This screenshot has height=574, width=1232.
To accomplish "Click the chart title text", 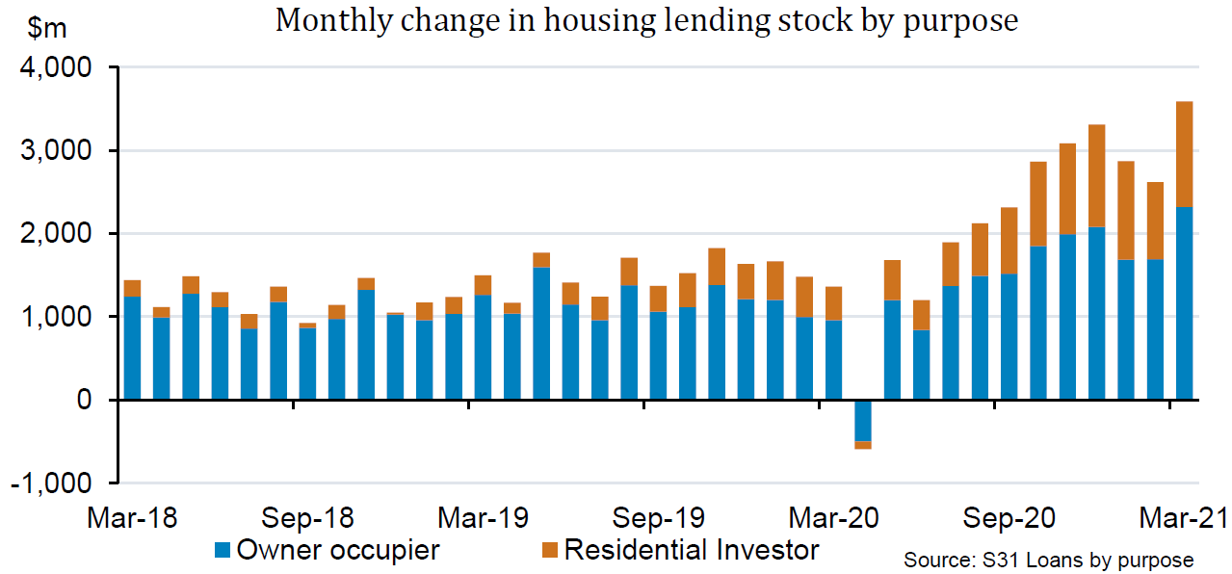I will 646,20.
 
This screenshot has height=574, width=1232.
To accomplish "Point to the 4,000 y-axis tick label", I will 55,69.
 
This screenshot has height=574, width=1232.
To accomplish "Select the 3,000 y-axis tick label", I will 55,152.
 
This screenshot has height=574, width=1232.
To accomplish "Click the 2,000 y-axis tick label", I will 55,235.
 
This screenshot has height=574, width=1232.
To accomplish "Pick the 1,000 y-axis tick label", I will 55,318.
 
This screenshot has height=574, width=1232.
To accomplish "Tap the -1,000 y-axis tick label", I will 50,483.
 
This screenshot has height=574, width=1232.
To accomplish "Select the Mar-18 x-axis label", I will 132,518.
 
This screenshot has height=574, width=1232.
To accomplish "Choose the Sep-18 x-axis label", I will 307,518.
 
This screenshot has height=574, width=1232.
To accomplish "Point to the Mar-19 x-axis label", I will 483,518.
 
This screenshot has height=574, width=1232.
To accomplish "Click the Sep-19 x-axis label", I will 658,518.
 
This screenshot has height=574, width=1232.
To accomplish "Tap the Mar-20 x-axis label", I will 834,518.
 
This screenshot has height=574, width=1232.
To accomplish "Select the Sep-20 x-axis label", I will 1009,518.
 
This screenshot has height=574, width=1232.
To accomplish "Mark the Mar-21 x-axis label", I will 1182,518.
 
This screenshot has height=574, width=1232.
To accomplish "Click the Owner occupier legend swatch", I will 223,551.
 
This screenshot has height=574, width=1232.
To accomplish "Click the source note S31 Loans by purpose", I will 1048,560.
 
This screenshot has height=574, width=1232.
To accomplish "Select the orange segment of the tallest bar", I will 1185,154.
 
